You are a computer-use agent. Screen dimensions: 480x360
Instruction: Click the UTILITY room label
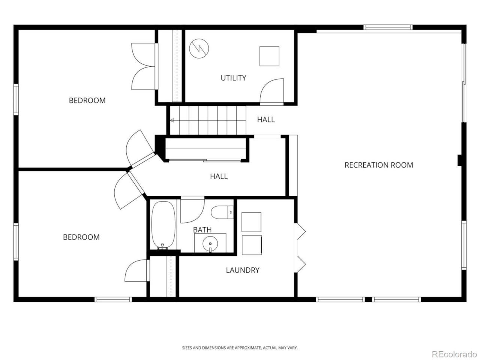tap(233, 78)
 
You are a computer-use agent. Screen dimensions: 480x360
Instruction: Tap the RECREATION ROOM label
tap(378, 165)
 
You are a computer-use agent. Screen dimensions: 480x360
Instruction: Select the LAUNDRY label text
tap(243, 270)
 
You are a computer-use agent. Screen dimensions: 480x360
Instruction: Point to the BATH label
tap(202, 230)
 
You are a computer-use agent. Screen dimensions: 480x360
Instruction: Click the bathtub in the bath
tap(163, 225)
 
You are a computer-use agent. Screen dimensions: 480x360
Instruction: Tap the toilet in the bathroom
tap(222, 212)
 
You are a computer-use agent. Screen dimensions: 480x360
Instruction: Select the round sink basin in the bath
tap(210, 244)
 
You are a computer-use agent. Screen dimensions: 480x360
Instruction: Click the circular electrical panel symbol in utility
tap(199, 48)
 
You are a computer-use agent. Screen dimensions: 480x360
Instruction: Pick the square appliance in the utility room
tap(269, 56)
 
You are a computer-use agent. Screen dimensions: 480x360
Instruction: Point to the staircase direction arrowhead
tap(172, 120)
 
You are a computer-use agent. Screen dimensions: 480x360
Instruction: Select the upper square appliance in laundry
tap(251, 222)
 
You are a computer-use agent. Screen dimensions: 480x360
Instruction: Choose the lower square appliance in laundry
tap(252, 245)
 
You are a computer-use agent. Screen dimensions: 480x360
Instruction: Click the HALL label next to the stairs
tap(266, 120)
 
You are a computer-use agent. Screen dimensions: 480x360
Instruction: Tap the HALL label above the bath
tap(219, 176)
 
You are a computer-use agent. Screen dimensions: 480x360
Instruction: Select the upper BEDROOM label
tap(87, 100)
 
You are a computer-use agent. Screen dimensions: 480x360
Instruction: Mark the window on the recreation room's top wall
tap(388, 27)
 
